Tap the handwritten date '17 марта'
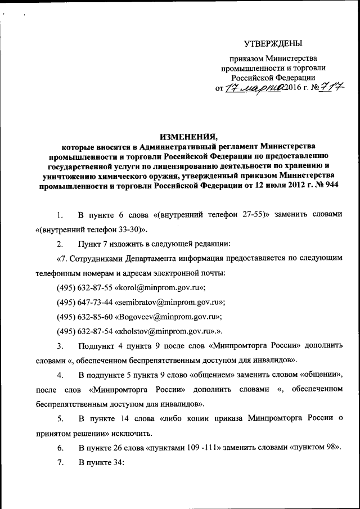tap(254, 88)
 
